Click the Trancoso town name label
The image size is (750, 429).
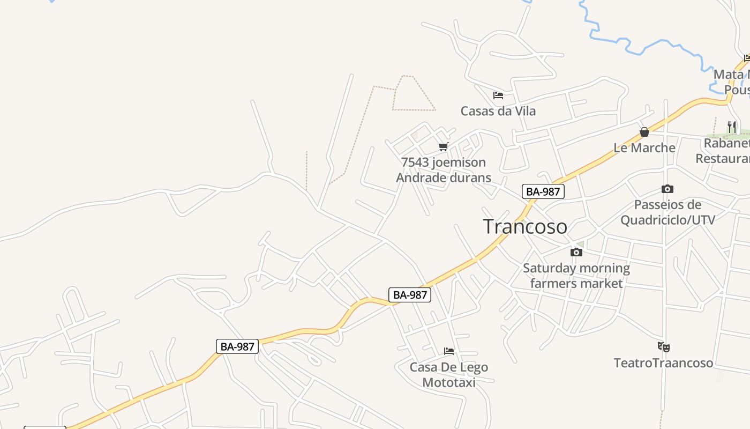pos(525,226)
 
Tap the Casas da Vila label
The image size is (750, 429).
pos(498,111)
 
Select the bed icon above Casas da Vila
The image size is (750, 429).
pos(498,95)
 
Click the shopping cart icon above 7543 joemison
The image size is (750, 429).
pos(443,146)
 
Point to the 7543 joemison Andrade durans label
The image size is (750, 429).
pos(444,169)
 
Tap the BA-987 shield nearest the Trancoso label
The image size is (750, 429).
pos(543,191)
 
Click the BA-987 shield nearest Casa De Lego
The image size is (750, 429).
pos(410,294)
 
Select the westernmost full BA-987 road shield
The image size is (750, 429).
pos(237,346)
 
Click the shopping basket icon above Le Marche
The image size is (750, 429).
pos(644,132)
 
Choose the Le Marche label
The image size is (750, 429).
pos(644,147)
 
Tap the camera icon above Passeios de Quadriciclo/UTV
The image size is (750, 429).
pos(667,189)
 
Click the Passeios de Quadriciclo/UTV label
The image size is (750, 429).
pos(667,212)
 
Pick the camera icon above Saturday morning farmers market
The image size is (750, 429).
pos(576,252)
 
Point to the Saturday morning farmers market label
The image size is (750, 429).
pos(576,275)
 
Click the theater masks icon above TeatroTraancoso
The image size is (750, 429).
pos(664,347)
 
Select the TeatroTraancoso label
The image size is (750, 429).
pos(664,363)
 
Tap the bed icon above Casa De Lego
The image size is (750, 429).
pos(449,351)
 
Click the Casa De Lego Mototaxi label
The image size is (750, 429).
pos(449,374)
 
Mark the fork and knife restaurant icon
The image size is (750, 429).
pos(732,127)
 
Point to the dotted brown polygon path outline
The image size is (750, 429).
pos(414,109)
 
